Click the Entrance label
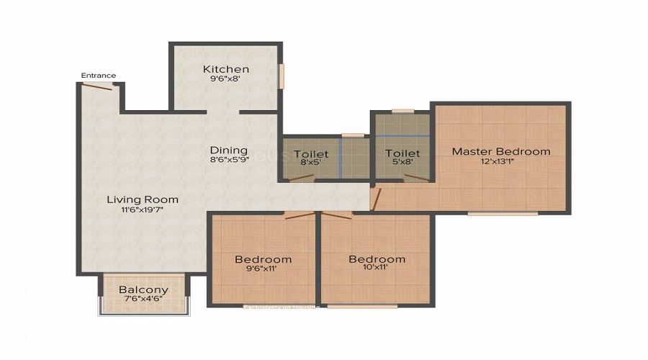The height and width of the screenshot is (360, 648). pyautogui.click(x=98, y=76)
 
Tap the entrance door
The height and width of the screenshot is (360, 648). pyautogui.click(x=97, y=86)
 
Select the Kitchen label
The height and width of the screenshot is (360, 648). pyautogui.click(x=225, y=69)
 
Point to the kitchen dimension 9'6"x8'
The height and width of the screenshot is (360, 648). pyautogui.click(x=225, y=80)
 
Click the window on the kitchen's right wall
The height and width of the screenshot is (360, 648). pyautogui.click(x=282, y=76)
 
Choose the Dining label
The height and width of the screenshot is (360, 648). pyautogui.click(x=229, y=150)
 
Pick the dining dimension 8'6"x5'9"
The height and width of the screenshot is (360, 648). pyautogui.click(x=229, y=161)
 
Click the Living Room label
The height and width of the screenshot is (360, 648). pyautogui.click(x=143, y=199)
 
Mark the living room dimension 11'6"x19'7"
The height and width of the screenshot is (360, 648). pyautogui.click(x=143, y=210)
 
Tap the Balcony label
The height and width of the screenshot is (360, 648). pyautogui.click(x=143, y=290)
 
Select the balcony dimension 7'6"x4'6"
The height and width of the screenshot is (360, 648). pyautogui.click(x=143, y=300)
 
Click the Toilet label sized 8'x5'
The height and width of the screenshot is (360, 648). pyautogui.click(x=311, y=154)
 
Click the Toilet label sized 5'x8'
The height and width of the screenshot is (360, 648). pyautogui.click(x=402, y=153)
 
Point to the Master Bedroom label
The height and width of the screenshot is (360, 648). pyautogui.click(x=500, y=151)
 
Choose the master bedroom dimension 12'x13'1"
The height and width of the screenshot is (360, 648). pyautogui.click(x=500, y=161)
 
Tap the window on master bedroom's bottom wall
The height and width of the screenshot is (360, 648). pyautogui.click(x=502, y=213)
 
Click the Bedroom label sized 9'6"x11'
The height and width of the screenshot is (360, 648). pyautogui.click(x=264, y=259)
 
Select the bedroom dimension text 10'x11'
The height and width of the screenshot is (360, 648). pyautogui.click(x=377, y=269)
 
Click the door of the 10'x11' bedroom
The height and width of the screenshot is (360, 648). pyautogui.click(x=337, y=215)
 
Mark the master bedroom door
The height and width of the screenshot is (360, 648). pyautogui.click(x=374, y=199)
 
